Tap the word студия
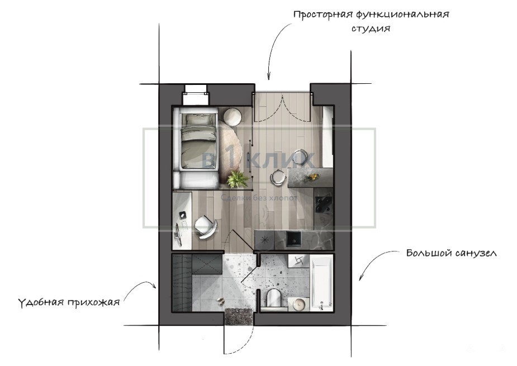[371, 28]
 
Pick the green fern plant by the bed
[237, 179]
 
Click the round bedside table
[233, 117]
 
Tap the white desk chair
[206, 226]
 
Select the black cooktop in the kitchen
[324, 205]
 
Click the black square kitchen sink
[294, 239]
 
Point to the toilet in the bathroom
[274, 298]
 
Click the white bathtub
[322, 283]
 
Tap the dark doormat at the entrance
[239, 316]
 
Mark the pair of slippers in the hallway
[220, 301]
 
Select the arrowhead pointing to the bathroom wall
[361, 277]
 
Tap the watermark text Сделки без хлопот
[259, 198]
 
